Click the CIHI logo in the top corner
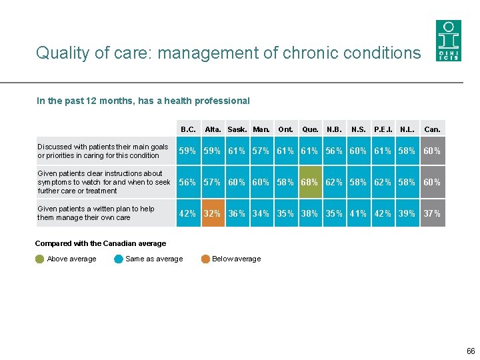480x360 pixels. (448, 40)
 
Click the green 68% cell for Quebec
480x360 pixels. (310, 182)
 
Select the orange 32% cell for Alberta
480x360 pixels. (212, 214)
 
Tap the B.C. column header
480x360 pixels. (188, 129)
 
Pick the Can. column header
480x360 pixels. (432, 129)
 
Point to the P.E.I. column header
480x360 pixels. (383, 129)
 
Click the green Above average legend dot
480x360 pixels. (40, 259)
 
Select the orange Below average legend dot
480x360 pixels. (206, 259)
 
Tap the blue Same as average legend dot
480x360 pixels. (119, 259)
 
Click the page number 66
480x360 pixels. (471, 351)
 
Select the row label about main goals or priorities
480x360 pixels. (103, 151)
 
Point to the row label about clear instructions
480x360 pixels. (103, 182)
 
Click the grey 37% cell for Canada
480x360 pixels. (432, 214)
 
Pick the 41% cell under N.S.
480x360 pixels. (358, 214)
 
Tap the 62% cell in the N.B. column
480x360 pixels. (334, 182)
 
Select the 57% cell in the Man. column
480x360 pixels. (261, 151)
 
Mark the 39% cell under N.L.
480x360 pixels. (407, 214)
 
